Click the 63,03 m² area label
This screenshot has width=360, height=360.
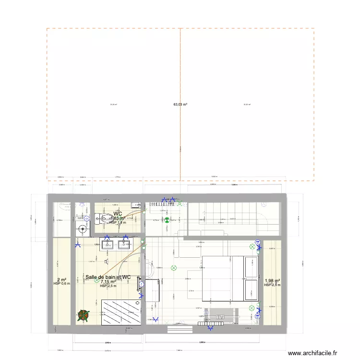click(180, 104)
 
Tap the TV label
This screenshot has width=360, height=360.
click(221, 317)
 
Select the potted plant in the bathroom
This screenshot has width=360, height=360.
click(84, 315)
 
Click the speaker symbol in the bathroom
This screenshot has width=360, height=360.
click(106, 262)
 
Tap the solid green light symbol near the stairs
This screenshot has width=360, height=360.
click(167, 220)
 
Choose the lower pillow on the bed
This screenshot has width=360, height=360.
click(252, 290)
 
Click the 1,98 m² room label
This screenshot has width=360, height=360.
click(272, 281)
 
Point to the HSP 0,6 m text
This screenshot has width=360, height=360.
click(62, 284)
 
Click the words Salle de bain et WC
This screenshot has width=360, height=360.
click(108, 277)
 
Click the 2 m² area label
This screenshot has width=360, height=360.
click(62, 280)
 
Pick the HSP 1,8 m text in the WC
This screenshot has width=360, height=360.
click(118, 222)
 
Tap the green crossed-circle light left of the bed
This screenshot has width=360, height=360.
click(174, 267)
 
